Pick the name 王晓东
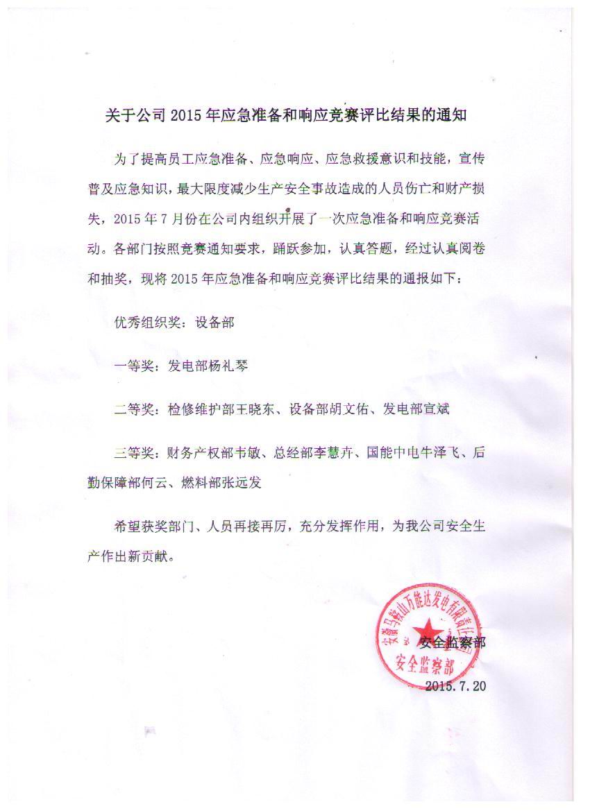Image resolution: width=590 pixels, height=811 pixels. coord(263,409)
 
